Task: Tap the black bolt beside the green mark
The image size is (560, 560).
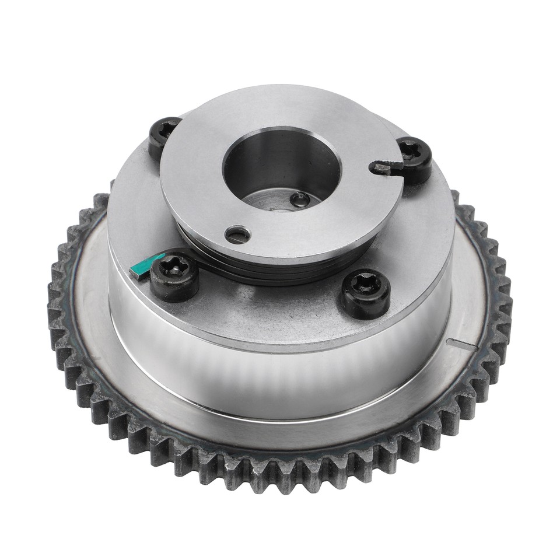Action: (174, 276)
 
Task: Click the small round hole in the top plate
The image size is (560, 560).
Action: (237, 235)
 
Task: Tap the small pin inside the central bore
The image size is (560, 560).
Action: (300, 199)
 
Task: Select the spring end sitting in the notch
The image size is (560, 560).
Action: (382, 169)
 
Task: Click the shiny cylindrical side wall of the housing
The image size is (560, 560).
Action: (280, 373)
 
